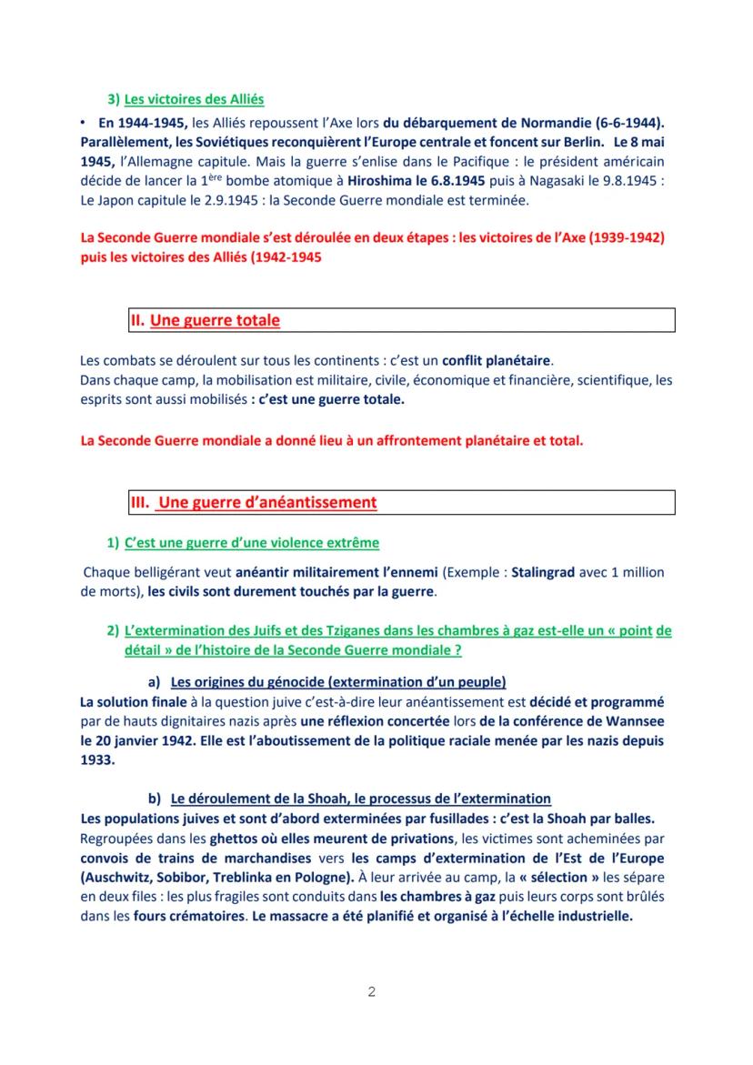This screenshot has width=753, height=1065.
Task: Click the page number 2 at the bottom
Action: click(371, 991)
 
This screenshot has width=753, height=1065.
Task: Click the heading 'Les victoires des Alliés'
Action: click(195, 98)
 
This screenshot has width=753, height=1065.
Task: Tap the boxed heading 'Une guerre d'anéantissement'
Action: click(267, 502)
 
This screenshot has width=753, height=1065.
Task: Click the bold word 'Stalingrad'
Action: click(542, 573)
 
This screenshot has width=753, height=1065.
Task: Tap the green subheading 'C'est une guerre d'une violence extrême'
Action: click(251, 543)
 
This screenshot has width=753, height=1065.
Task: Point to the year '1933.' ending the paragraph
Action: click(97, 760)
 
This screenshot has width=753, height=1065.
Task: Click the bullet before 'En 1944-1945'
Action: click(83, 122)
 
